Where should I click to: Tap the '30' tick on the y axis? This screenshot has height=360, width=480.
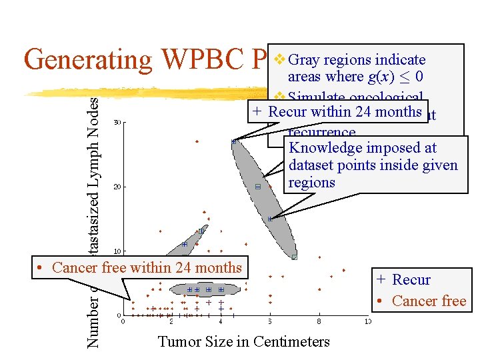pyautogui.click(x=117, y=122)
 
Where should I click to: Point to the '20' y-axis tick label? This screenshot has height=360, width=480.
pyautogui.click(x=117, y=187)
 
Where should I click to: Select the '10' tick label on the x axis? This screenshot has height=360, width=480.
pyautogui.click(x=367, y=321)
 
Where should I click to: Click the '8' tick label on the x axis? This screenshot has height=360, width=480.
pyautogui.click(x=319, y=321)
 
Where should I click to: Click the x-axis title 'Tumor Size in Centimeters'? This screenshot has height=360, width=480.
pyautogui.click(x=243, y=342)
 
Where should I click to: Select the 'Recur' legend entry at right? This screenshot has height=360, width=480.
pyautogui.click(x=411, y=280)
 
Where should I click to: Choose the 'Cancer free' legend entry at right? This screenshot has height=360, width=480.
pyautogui.click(x=429, y=301)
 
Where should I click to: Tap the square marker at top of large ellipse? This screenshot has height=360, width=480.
pyautogui.click(x=234, y=141)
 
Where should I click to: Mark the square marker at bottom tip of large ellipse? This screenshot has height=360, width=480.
pyautogui.click(x=294, y=257)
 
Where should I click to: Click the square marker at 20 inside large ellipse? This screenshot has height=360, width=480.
pyautogui.click(x=258, y=187)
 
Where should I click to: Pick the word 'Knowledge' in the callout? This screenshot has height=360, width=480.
pyautogui.click(x=320, y=148)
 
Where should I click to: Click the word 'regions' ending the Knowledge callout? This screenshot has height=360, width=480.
pyautogui.click(x=311, y=183)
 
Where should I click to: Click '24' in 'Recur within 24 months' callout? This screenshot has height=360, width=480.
pyautogui.click(x=364, y=112)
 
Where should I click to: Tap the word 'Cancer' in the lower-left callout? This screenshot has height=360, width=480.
pyautogui.click(x=75, y=268)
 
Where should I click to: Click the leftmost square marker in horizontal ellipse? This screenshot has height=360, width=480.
pyautogui.click(x=189, y=290)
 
